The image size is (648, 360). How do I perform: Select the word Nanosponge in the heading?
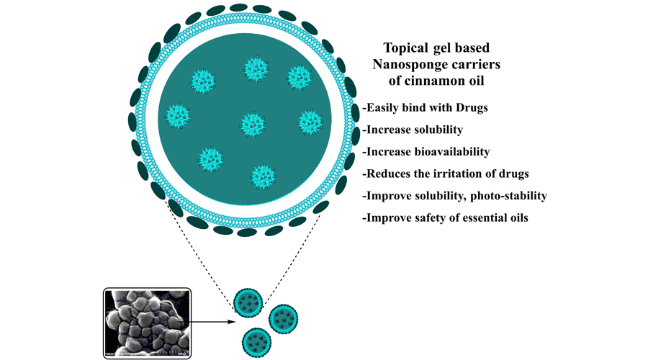coord(408,65)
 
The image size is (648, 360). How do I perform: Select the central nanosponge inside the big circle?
coord(250,122)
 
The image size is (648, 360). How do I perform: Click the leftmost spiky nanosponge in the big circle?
coord(178,114)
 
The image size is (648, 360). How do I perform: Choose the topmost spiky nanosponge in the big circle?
coord(256,69)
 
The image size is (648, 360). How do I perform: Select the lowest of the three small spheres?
coord(258,339)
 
